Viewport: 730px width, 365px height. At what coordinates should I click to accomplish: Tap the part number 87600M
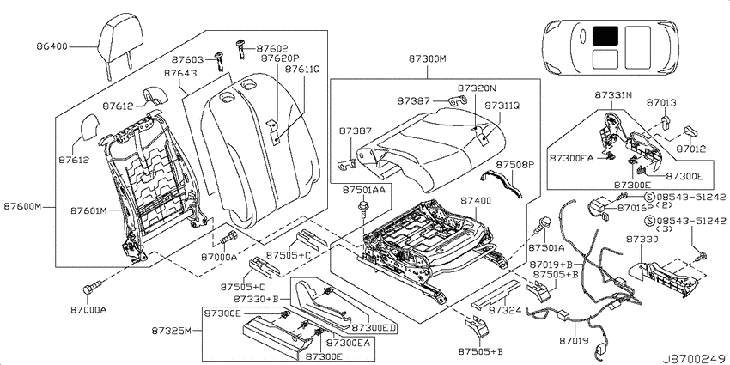click(x=23, y=206)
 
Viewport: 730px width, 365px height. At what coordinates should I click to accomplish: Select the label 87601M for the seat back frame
click(x=89, y=211)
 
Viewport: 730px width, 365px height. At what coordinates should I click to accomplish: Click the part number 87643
click(x=180, y=74)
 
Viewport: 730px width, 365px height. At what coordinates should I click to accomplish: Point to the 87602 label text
click(x=272, y=48)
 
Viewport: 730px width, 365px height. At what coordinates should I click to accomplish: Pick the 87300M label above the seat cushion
click(x=428, y=58)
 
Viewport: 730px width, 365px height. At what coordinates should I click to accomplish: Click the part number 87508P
click(x=514, y=165)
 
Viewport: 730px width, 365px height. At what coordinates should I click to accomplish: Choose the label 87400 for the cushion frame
click(x=476, y=201)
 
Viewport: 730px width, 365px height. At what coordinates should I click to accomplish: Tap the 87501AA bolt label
click(x=362, y=190)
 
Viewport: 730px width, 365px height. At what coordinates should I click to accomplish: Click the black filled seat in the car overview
click(x=605, y=36)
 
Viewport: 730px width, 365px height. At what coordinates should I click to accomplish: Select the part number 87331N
click(x=613, y=94)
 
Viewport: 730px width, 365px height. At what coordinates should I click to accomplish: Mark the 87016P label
click(x=636, y=208)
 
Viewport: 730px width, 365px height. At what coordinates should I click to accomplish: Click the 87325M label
click(x=171, y=331)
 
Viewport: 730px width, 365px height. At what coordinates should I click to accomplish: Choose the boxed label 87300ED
click(x=374, y=328)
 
